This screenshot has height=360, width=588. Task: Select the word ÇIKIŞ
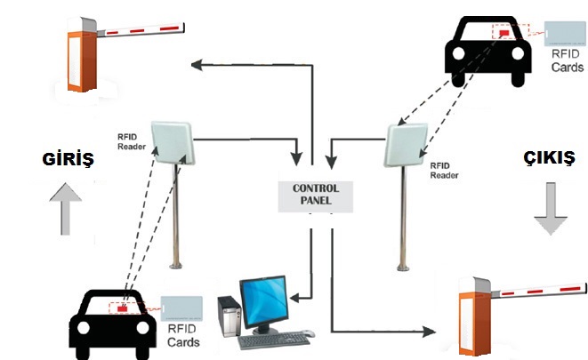[x=548, y=159]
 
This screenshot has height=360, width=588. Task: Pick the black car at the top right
[x=483, y=51]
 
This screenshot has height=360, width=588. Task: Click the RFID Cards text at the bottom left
[x=182, y=335]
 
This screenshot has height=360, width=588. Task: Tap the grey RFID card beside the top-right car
[x=562, y=32]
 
